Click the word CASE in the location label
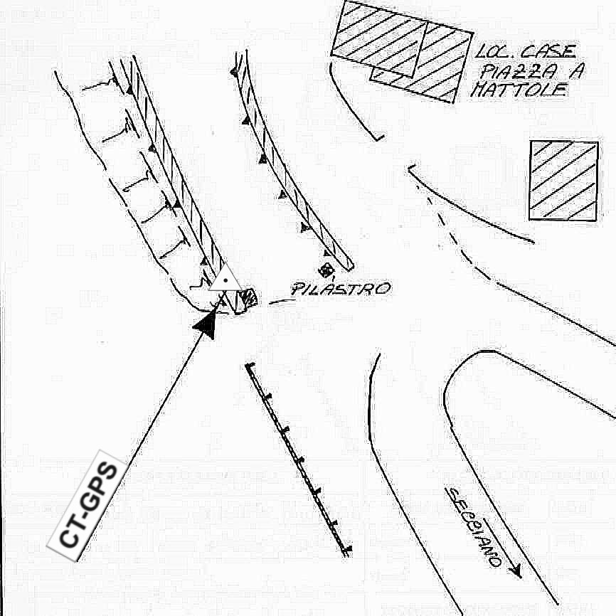tap(548, 53)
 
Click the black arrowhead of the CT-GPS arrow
tap(206, 324)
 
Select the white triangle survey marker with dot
tap(225, 280)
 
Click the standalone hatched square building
tap(563, 180)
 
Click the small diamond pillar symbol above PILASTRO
tap(326, 270)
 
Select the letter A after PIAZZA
tap(567, 72)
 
